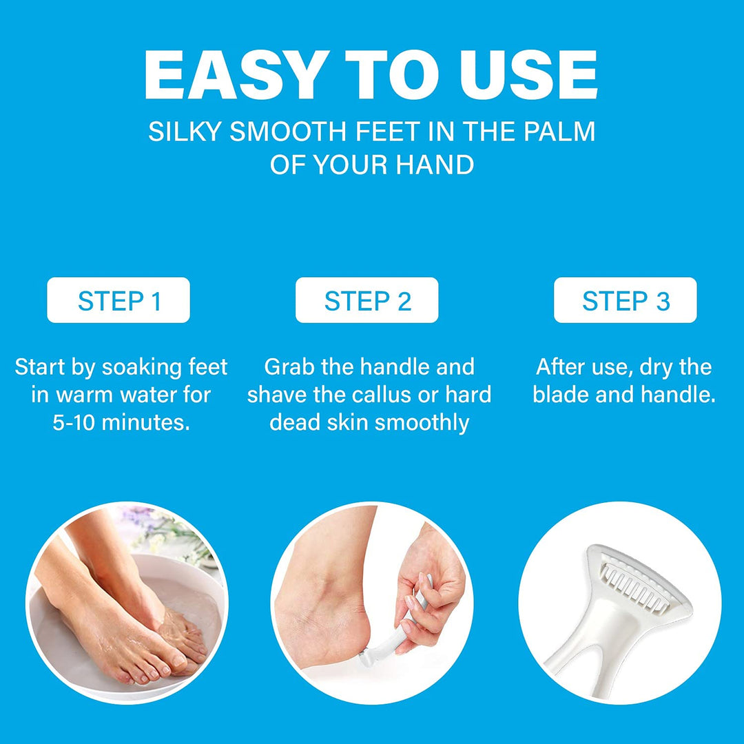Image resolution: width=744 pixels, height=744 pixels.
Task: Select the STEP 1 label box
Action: [118, 300]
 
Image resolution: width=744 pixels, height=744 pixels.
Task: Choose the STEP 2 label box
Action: [367, 300]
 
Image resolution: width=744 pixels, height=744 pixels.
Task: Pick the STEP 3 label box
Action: [626, 300]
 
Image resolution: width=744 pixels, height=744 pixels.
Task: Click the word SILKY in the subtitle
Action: [185, 132]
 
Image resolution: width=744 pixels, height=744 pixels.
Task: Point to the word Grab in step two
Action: [290, 367]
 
